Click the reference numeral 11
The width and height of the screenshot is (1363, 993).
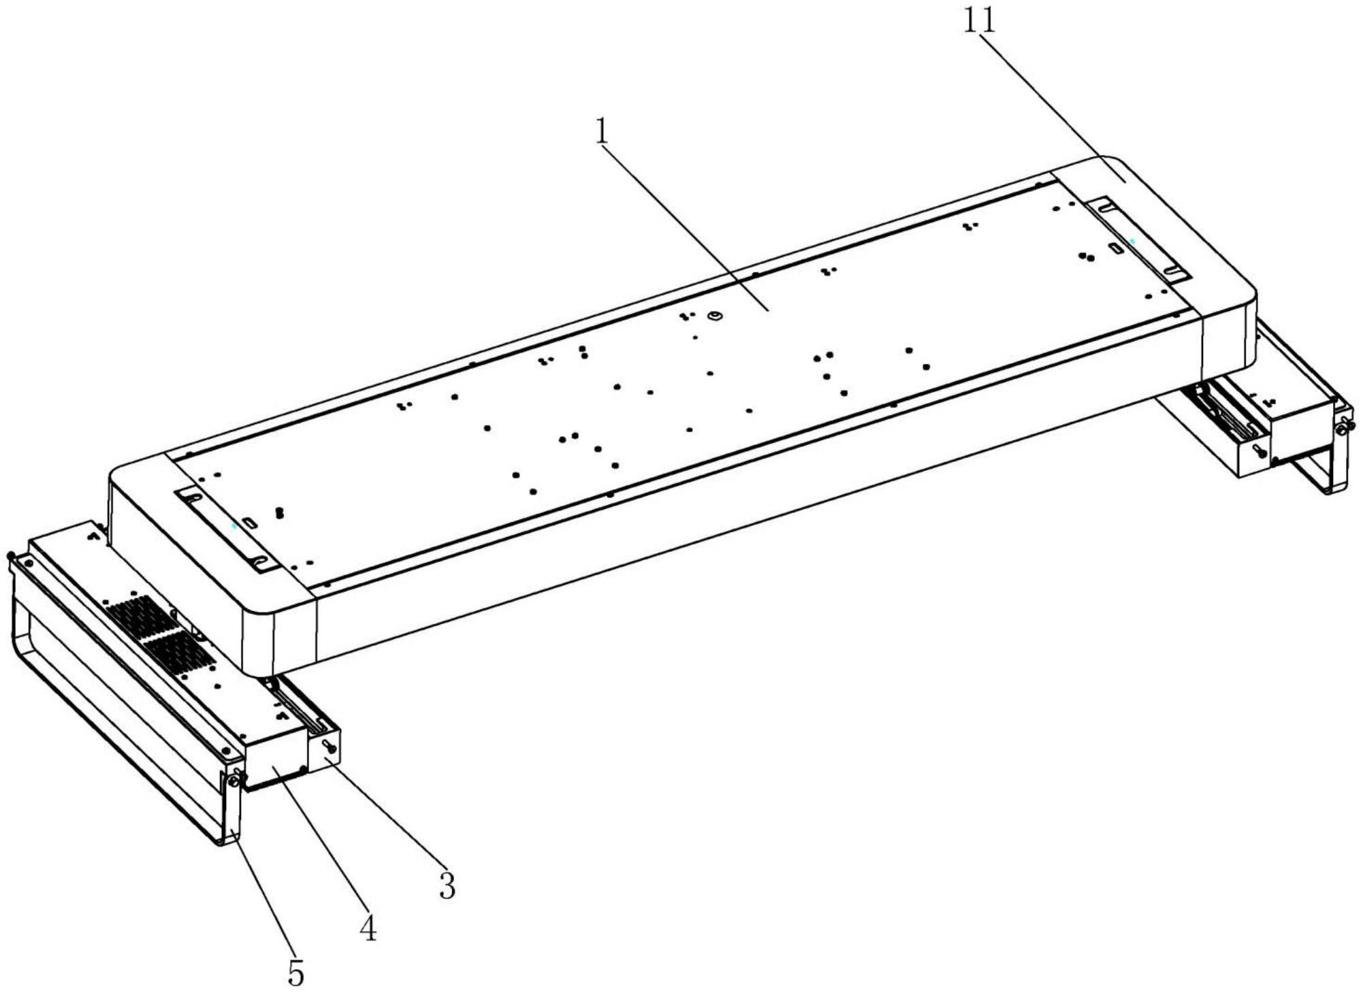(x=979, y=22)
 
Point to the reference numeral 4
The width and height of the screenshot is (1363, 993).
(x=368, y=928)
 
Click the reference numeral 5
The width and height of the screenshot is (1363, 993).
(x=295, y=974)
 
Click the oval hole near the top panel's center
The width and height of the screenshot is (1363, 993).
(x=715, y=316)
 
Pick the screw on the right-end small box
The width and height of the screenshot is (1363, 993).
(x=1257, y=451)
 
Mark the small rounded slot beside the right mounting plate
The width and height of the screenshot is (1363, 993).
(x=1116, y=249)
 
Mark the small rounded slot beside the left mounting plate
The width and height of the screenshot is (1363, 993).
(x=250, y=523)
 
